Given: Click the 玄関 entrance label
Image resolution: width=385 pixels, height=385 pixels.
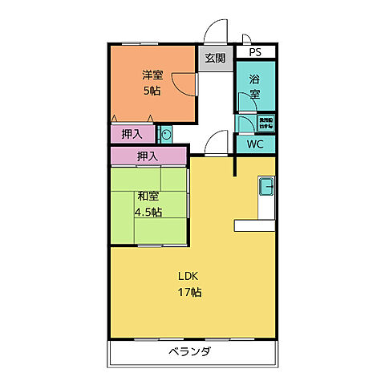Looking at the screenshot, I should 214,59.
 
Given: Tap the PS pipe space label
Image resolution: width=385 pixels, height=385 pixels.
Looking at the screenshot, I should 254,52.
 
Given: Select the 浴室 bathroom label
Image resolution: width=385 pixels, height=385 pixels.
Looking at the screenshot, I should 254,87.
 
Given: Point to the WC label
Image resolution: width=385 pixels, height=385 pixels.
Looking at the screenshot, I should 255,144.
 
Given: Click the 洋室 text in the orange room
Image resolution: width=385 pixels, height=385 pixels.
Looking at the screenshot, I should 152,75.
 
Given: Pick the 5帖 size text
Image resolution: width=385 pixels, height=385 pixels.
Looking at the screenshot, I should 152,91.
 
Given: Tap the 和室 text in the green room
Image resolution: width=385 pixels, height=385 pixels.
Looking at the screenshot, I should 148,197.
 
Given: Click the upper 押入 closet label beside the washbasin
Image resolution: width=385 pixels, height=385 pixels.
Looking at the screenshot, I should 133,133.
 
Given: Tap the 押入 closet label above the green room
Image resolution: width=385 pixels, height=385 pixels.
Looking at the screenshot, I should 147,155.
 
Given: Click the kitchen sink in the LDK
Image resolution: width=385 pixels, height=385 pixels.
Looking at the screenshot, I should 266,188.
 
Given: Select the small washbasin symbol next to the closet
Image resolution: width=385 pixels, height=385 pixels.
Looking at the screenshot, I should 166,133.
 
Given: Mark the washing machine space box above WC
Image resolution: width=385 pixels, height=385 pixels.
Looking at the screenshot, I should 265,123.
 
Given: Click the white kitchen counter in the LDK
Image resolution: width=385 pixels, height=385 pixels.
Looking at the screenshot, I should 255,225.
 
